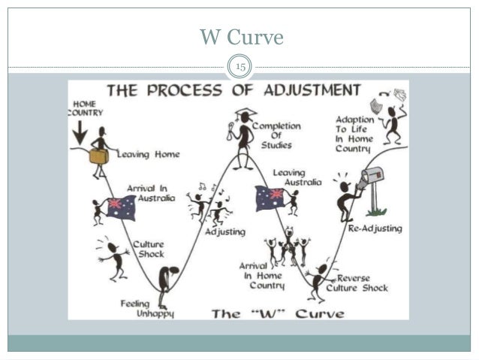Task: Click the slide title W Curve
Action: [241, 37]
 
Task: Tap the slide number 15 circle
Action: [241, 68]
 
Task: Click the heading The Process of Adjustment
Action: [233, 91]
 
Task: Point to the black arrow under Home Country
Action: [80, 133]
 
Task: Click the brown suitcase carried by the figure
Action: [98, 156]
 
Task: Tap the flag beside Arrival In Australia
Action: [119, 207]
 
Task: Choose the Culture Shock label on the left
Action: [148, 249]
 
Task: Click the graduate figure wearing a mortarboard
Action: [243, 140]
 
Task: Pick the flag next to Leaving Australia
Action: [270, 198]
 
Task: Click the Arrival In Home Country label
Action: [261, 275]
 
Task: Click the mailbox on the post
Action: [372, 177]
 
